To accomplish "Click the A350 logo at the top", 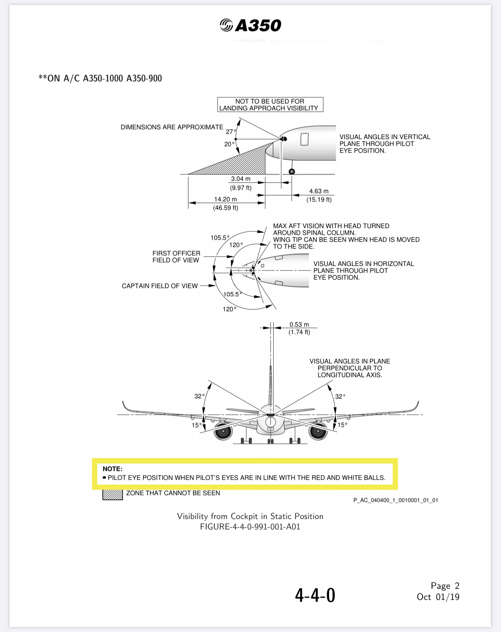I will pyautogui.click(x=250, y=25).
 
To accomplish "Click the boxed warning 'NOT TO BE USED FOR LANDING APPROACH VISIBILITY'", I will pyautogui.click(x=270, y=105).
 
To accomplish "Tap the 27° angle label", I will pyautogui.click(x=231, y=131).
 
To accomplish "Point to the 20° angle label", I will pyautogui.click(x=229, y=144).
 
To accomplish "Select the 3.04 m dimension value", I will pyautogui.click(x=241, y=179).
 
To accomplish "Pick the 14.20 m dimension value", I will pyautogui.click(x=225, y=199).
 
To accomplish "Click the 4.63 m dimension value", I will pyautogui.click(x=319, y=191).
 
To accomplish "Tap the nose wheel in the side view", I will pyautogui.click(x=292, y=172).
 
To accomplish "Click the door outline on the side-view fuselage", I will pyautogui.click(x=304, y=139).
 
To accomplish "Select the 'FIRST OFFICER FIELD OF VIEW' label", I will pyautogui.click(x=176, y=257).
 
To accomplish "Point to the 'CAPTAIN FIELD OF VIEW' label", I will pyautogui.click(x=159, y=286).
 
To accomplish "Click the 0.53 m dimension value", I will pyautogui.click(x=299, y=324).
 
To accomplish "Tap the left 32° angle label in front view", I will pyautogui.click(x=199, y=396).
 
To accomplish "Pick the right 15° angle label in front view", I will pyautogui.click(x=342, y=425).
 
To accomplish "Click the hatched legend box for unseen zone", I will pyautogui.click(x=113, y=494).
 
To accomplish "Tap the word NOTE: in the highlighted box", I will pyautogui.click(x=113, y=469).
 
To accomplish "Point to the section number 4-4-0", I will pyautogui.click(x=315, y=595).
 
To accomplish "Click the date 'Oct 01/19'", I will pyautogui.click(x=438, y=597).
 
